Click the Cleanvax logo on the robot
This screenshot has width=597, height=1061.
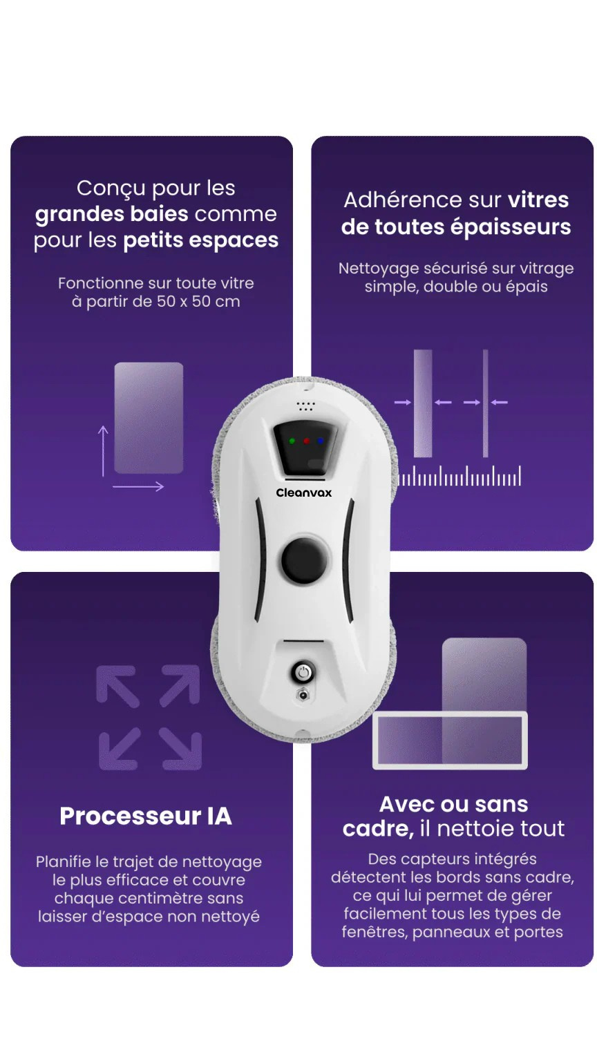click(x=304, y=493)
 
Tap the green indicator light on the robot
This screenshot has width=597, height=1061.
click(x=292, y=441)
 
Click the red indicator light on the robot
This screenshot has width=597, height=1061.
click(x=306, y=441)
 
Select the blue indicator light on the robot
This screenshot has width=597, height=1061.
click(x=321, y=441)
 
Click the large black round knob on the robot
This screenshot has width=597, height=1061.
click(x=304, y=561)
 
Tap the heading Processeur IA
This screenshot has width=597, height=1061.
click(x=146, y=816)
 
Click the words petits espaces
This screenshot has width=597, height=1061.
click(x=201, y=240)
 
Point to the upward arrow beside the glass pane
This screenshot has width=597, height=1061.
click(x=103, y=451)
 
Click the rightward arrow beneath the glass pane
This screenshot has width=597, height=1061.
click(x=138, y=486)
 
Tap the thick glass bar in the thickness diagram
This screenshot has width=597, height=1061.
click(x=423, y=403)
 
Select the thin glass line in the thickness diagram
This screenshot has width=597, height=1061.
click(x=485, y=403)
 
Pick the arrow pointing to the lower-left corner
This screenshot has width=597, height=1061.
click(x=120, y=748)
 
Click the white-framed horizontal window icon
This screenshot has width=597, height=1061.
click(x=450, y=740)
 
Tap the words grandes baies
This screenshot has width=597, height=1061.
click(x=112, y=215)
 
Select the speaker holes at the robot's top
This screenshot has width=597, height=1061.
click(x=306, y=406)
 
